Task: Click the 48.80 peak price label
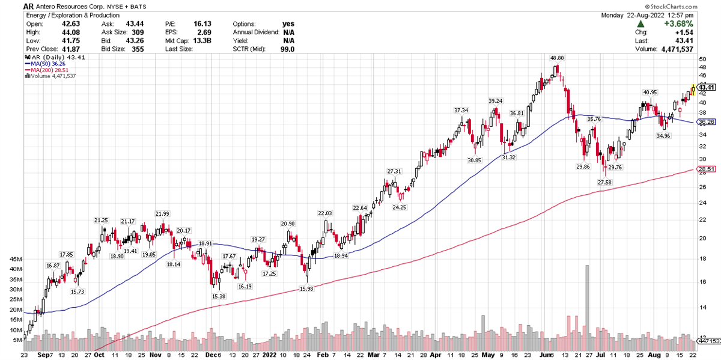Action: click(x=556, y=58)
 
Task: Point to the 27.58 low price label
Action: click(x=604, y=182)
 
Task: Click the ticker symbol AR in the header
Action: click(x=29, y=5)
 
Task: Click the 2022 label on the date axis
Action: click(x=270, y=355)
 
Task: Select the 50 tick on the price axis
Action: click(x=702, y=59)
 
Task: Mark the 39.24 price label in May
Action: click(x=495, y=100)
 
